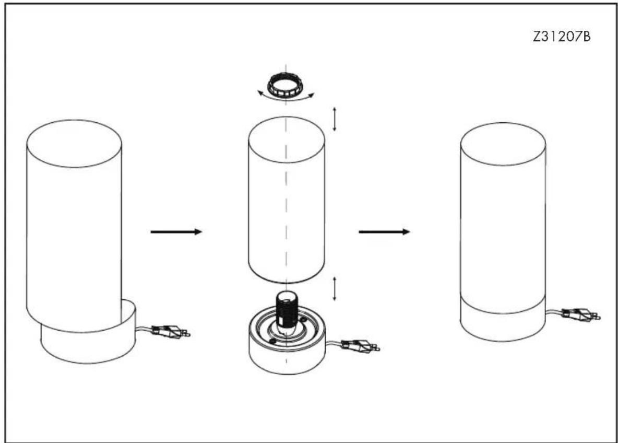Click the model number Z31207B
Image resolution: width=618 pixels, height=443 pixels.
tap(562, 37)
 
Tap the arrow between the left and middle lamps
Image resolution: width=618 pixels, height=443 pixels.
tap(176, 231)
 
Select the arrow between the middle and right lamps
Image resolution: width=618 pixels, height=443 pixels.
tap(384, 231)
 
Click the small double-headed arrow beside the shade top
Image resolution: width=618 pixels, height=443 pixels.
tap(335, 119)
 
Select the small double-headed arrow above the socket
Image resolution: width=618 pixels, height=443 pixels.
tap(335, 289)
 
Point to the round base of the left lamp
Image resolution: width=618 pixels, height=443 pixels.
tap(88, 339)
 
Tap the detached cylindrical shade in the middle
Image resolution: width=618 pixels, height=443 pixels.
tap(287, 200)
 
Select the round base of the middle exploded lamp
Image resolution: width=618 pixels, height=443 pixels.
tap(287, 343)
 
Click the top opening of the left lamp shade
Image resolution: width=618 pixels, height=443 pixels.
tap(74, 144)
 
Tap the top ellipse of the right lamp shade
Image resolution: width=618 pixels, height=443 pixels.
tap(503, 144)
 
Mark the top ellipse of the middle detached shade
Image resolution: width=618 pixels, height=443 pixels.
tap(287, 136)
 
